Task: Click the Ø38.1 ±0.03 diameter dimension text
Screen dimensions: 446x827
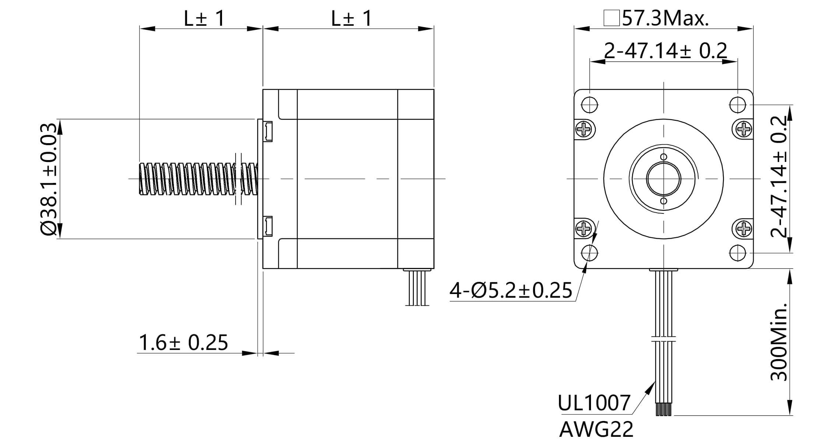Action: (49, 179)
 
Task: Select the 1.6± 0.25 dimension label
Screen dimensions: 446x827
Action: (183, 343)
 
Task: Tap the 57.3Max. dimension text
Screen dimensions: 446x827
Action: (665, 18)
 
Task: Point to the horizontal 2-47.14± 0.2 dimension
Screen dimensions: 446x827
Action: (665, 51)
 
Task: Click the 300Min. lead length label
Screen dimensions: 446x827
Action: (778, 342)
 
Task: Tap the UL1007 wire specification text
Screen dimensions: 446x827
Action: (594, 403)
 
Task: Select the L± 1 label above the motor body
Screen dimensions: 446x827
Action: (352, 18)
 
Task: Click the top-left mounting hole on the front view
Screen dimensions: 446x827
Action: (590, 105)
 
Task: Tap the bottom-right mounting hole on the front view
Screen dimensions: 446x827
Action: (738, 253)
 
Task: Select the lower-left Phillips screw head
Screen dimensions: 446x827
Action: (584, 229)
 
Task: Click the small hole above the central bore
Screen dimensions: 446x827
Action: (664, 157)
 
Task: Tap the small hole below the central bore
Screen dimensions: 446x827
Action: (664, 201)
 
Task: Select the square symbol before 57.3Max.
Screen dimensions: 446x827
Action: (611, 19)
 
